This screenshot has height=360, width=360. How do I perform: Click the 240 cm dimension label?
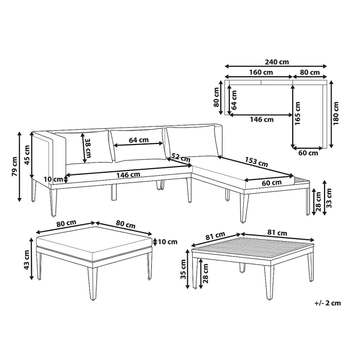click(x=277, y=62)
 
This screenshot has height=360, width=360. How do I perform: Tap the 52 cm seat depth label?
click(x=178, y=156)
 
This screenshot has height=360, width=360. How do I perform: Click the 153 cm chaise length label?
click(x=256, y=163)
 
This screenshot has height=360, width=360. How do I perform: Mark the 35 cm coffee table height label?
click(x=187, y=268)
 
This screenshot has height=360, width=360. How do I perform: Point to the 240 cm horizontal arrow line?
click(x=276, y=66)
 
